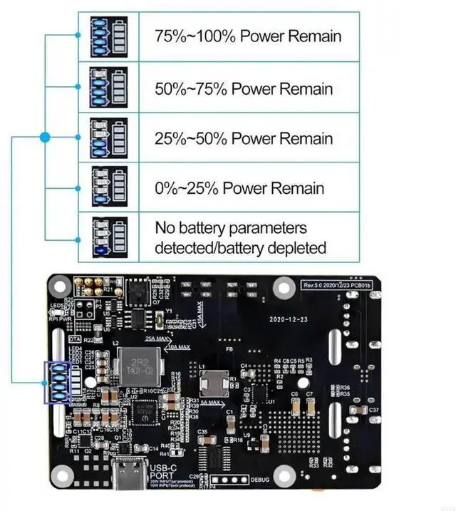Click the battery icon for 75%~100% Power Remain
[x=109, y=36]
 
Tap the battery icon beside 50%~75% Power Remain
[x=109, y=88]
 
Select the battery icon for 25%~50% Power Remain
[x=109, y=138]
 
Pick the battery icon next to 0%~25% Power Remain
[x=109, y=187]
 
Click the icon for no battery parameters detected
[x=109, y=237]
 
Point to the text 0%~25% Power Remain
[x=239, y=188]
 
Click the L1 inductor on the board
[x=214, y=384]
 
